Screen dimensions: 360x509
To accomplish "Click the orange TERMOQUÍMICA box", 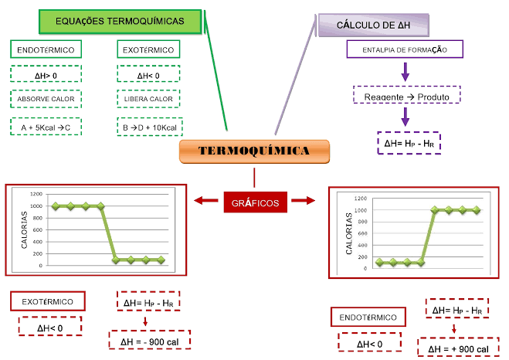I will click(x=254, y=151).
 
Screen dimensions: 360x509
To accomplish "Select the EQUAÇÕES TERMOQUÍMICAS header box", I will click(x=120, y=22).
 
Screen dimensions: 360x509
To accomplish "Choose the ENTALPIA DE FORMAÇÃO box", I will click(x=406, y=50).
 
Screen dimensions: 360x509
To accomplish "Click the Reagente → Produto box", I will click(x=406, y=97).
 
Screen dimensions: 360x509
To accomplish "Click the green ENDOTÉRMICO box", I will click(x=45, y=50).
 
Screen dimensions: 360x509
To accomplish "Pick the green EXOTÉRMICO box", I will click(x=148, y=50).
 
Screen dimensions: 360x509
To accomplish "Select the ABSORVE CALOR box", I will click(x=46, y=100).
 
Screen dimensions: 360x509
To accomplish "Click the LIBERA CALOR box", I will click(x=149, y=100).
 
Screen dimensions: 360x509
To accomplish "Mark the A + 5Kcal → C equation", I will click(x=46, y=127).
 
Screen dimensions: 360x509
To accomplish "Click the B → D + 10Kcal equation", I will click(x=149, y=127).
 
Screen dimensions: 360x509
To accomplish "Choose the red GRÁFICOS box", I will click(x=255, y=202).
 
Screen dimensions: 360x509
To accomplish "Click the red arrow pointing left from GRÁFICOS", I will click(x=207, y=202).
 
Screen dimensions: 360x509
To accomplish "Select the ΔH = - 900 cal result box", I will click(x=150, y=341).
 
